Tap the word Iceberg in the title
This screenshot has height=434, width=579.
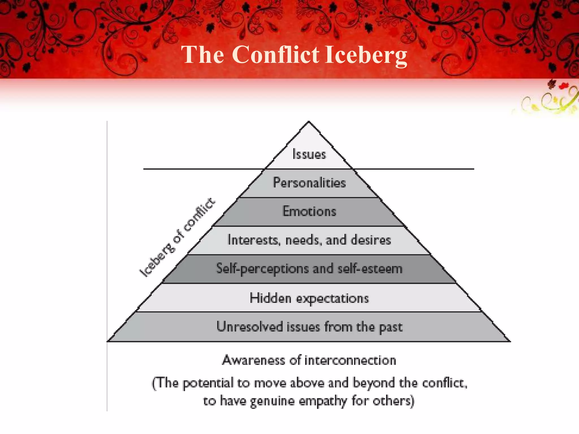point(366,55)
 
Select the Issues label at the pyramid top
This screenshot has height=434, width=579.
point(309,154)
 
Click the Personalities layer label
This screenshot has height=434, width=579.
point(309,183)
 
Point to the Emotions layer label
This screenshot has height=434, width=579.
point(309,211)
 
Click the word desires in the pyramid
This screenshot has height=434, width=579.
point(371,240)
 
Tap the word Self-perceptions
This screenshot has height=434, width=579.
point(262,269)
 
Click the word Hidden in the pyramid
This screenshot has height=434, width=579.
point(270,298)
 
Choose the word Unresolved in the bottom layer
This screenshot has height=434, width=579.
point(250,327)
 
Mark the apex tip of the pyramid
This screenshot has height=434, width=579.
point(309,122)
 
